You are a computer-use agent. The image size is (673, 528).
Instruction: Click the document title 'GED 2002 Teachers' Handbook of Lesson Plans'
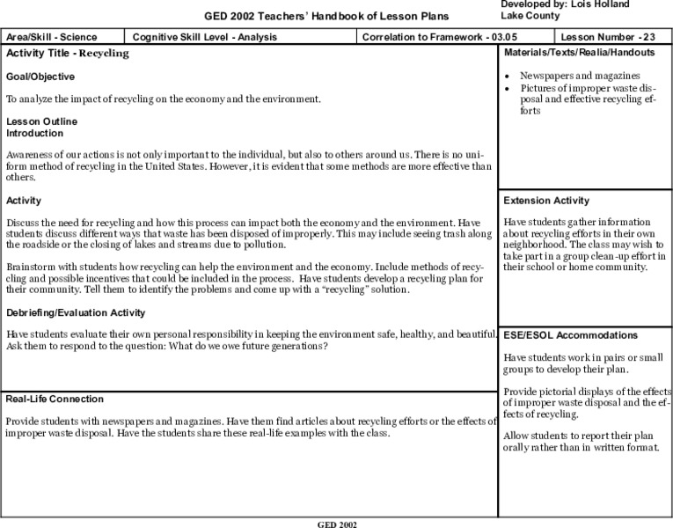[326, 16]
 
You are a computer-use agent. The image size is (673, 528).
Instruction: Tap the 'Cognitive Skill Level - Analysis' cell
[205, 38]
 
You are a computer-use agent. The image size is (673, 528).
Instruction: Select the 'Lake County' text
[530, 16]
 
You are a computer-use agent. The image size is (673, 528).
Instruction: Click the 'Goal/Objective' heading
[40, 77]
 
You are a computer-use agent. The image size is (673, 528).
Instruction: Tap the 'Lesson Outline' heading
[41, 121]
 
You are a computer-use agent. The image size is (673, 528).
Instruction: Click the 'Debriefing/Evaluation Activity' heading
[76, 312]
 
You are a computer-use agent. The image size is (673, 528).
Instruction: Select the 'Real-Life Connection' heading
[55, 399]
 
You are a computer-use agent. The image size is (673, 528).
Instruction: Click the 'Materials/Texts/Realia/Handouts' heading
[579, 53]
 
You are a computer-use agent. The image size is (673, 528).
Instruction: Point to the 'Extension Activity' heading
[546, 201]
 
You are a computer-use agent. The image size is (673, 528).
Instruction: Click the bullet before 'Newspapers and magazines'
[508, 77]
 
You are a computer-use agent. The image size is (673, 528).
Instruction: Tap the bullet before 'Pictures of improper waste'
[508, 89]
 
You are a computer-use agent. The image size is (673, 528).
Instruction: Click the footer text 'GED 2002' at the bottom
[337, 523]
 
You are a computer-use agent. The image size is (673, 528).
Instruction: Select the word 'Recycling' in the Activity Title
[104, 54]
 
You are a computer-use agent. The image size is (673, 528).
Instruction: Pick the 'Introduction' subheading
[34, 133]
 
